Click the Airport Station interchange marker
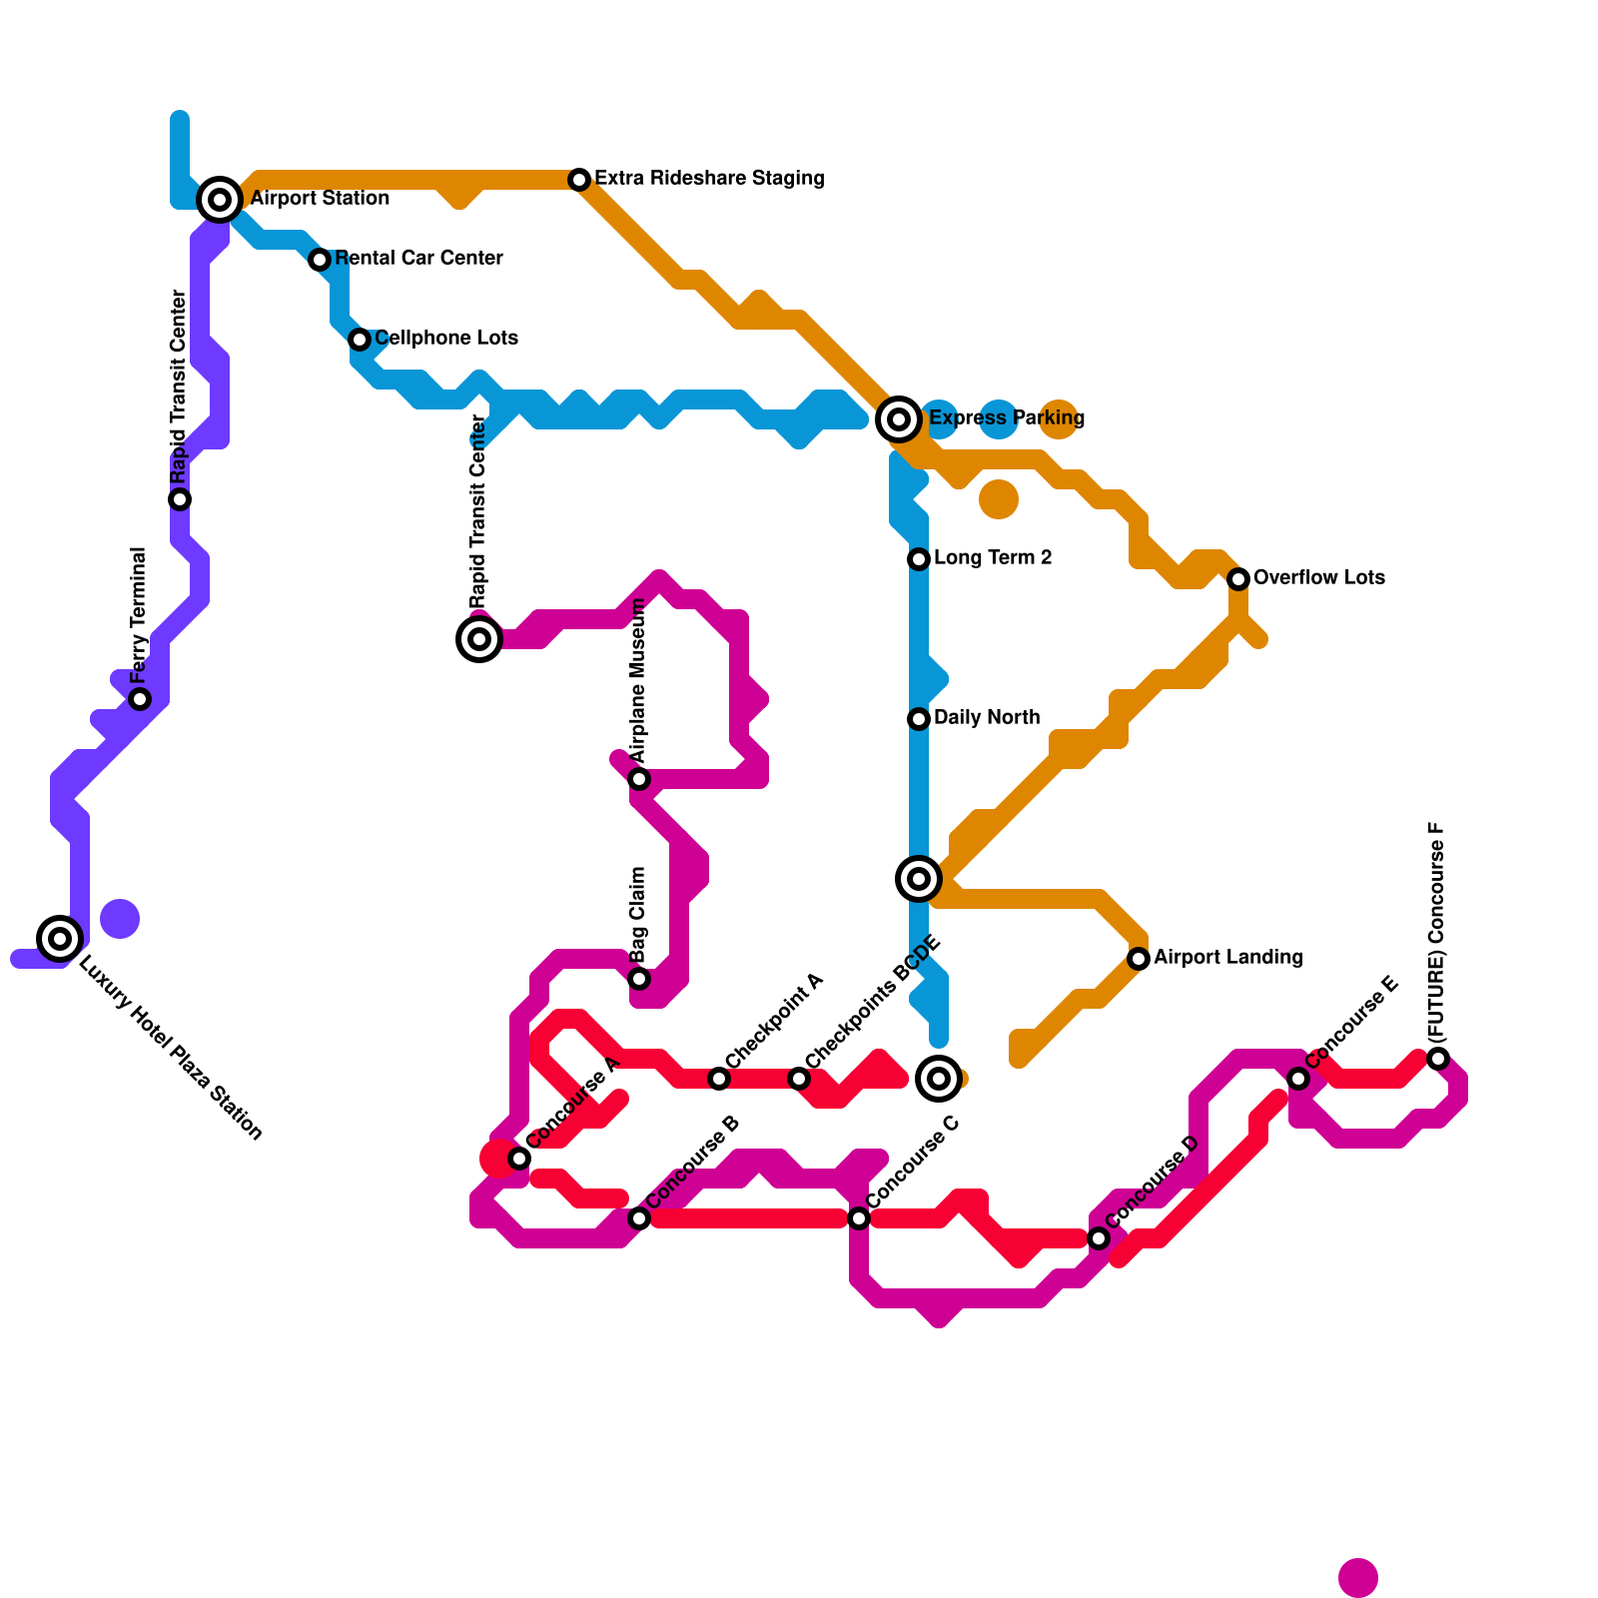click(220, 200)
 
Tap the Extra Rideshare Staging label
click(709, 179)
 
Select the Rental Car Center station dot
click(320, 260)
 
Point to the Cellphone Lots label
click(446, 339)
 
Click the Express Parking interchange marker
click(899, 419)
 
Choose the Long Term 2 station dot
click(919, 559)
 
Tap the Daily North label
click(987, 718)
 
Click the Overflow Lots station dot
click(1238, 579)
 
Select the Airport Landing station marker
click(1139, 959)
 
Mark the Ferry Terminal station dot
click(140, 699)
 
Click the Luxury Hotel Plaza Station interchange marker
click(60, 939)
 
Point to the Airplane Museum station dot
click(639, 779)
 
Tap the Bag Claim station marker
click(639, 979)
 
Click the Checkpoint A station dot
click(719, 1079)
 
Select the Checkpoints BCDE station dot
click(799, 1079)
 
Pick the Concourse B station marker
click(639, 1218)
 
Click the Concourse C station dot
click(859, 1218)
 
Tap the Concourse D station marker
click(1099, 1238)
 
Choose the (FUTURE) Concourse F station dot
click(1438, 1059)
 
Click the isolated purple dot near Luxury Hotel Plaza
click(120, 919)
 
